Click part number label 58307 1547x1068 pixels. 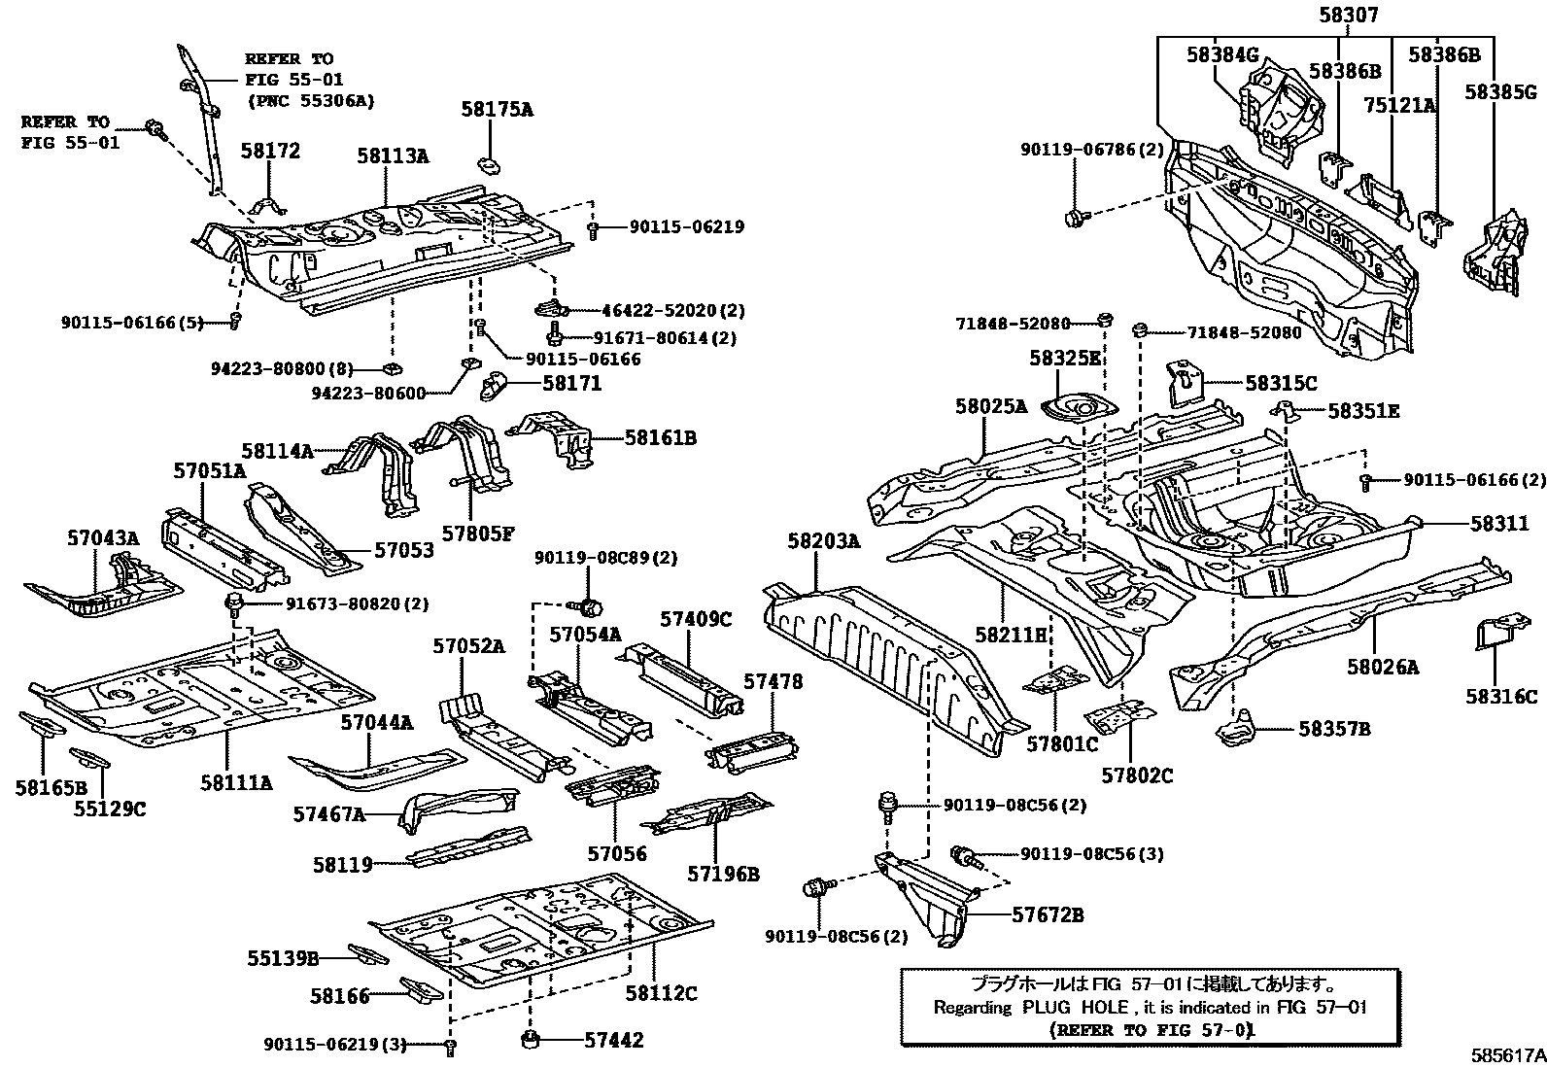coord(1348,16)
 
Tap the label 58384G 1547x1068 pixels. coord(1222,55)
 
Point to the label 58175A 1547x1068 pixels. coord(497,110)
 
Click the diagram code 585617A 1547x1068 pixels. coord(1506,1052)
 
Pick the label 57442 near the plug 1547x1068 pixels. coord(613,1040)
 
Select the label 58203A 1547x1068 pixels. coord(824,541)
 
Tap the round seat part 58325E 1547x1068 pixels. coord(1079,409)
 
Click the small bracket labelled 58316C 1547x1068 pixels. coord(1495,636)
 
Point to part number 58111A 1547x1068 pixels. coord(236,781)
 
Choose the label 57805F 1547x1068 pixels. coord(477,533)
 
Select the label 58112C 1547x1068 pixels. coord(661,993)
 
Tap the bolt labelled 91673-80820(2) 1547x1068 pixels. coord(234,605)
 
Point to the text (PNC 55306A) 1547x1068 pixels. coord(310,100)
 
